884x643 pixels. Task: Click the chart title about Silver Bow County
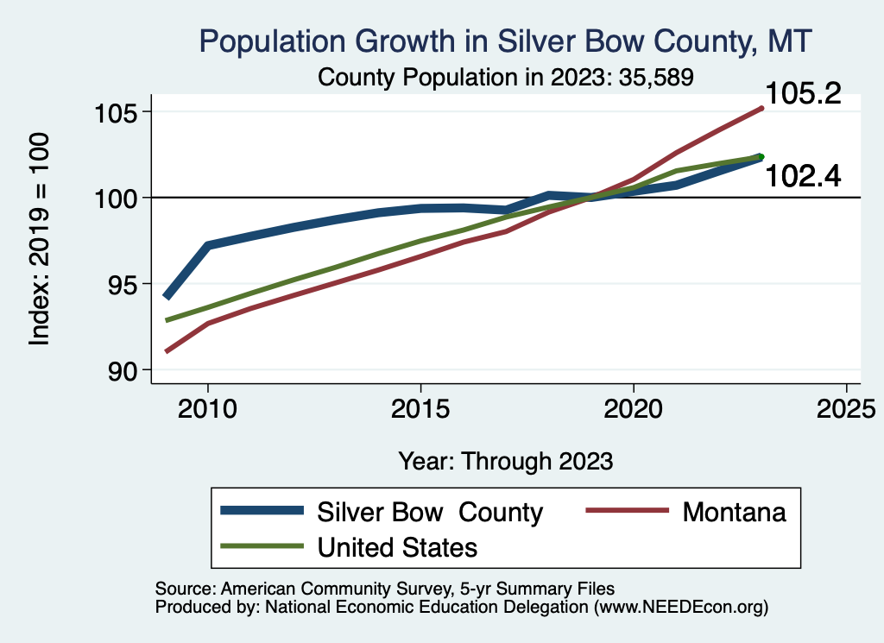tap(506, 41)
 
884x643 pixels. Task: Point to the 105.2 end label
tap(803, 94)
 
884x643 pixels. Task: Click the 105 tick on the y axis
tap(115, 113)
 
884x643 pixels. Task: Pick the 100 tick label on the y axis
tap(115, 199)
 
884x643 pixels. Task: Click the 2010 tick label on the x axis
tap(207, 407)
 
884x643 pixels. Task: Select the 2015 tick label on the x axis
tap(420, 407)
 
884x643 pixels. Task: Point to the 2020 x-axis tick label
tap(634, 407)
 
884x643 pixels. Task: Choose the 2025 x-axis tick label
tap(846, 407)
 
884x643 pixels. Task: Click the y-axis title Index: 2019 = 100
tap(40, 240)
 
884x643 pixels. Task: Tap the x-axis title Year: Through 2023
tap(506, 461)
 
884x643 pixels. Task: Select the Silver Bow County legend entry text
tap(430, 512)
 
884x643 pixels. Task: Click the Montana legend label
tap(734, 512)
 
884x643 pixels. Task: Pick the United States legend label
tap(397, 547)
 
